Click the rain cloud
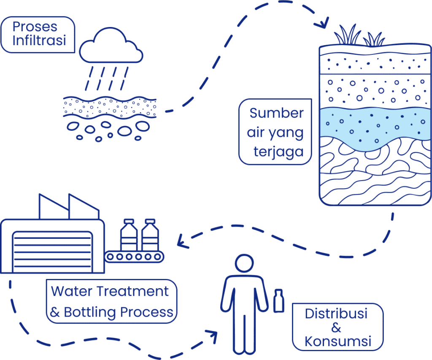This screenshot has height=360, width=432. point(111,46)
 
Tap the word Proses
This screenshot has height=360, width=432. point(35,27)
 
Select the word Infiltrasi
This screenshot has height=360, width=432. point(39,40)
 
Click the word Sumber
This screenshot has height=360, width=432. point(276,113)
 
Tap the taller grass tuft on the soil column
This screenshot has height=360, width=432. point(347,35)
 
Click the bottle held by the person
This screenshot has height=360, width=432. point(279,301)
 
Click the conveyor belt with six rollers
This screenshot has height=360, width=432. point(134,257)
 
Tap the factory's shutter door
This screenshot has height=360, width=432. point(52,252)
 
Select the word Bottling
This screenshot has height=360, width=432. point(90,313)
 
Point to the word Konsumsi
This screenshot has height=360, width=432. point(338,341)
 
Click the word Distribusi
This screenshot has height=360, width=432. point(336,314)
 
